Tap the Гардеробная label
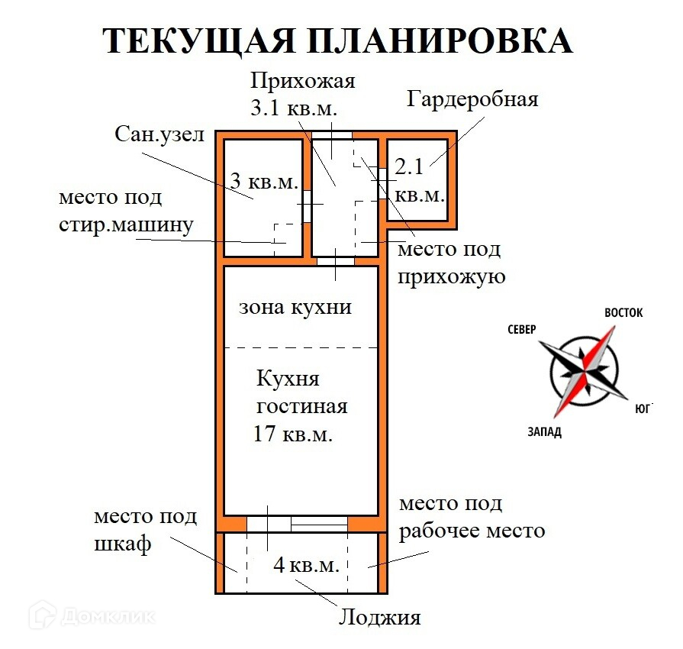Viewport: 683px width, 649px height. (472, 99)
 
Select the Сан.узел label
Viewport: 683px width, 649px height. (160, 135)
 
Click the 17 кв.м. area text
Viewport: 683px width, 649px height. (293, 434)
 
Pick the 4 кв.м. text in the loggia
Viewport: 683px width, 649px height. (307, 566)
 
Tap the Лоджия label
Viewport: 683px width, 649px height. (380, 616)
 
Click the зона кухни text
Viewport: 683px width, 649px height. (295, 307)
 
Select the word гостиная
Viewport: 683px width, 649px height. (302, 406)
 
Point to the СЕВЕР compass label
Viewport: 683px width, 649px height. (521, 329)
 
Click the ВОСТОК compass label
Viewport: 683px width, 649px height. (623, 313)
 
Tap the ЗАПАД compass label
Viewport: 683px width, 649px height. (543, 432)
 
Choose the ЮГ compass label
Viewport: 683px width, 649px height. (643, 408)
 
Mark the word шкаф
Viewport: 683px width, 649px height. (124, 544)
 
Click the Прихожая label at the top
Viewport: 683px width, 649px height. (304, 80)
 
